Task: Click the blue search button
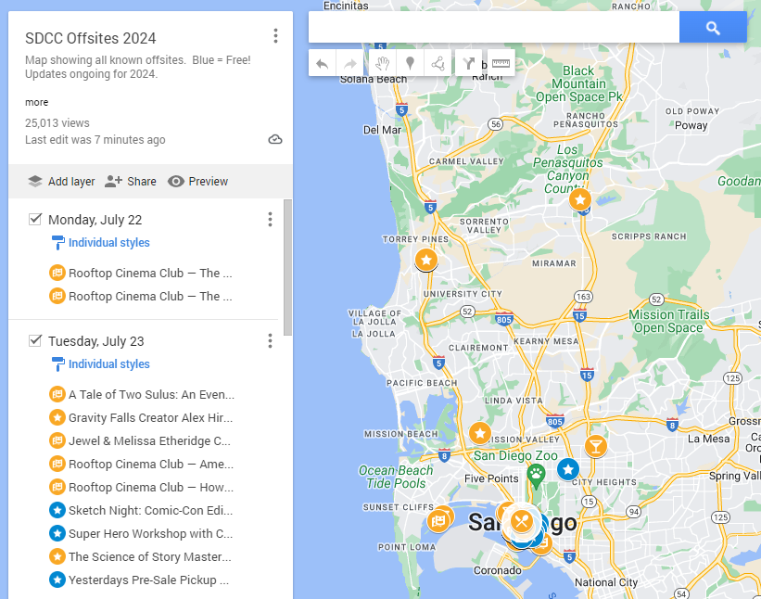[x=712, y=28]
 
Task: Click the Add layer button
[x=61, y=182]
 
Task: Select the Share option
[x=131, y=182]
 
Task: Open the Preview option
[x=197, y=182]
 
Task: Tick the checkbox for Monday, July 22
[x=35, y=220]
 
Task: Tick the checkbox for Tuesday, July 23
[x=35, y=341]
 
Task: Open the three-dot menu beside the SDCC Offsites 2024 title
[x=275, y=36]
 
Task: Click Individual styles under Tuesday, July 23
[x=108, y=364]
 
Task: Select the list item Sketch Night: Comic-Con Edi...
[x=150, y=510]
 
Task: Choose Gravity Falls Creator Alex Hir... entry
[x=150, y=417]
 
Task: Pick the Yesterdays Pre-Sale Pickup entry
[x=148, y=580]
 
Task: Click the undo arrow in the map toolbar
[x=322, y=64]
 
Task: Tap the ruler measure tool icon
[x=501, y=64]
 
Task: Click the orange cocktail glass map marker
[x=595, y=446]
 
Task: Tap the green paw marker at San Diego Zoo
[x=536, y=475]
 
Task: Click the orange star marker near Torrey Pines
[x=426, y=261]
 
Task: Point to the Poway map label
[x=691, y=125]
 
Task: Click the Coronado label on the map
[x=497, y=569]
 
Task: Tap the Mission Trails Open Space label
[x=668, y=321]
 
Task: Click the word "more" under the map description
[x=37, y=102]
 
